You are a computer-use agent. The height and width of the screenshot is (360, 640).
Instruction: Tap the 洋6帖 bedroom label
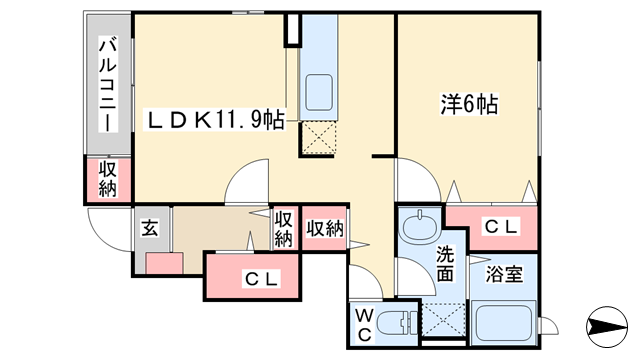point(469,104)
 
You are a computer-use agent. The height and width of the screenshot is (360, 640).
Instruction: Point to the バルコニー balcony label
point(108,84)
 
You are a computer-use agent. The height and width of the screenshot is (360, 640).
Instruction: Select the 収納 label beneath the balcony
point(108,179)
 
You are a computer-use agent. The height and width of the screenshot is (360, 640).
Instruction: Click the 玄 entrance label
point(149,229)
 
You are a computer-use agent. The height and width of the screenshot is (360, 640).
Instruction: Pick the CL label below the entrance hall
point(262,279)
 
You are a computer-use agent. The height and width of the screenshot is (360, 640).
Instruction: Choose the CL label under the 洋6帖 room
point(502,227)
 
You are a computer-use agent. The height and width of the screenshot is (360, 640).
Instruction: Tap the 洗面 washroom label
point(445,264)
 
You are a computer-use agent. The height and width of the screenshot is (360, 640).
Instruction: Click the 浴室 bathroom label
point(504,274)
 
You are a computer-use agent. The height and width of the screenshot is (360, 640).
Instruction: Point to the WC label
point(364,325)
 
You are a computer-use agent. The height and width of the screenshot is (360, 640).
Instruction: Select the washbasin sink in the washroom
point(420,224)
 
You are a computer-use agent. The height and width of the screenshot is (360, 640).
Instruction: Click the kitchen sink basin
point(319,92)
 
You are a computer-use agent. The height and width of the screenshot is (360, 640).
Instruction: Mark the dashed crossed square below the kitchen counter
point(318,138)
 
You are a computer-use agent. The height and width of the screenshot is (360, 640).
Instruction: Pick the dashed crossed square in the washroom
point(444,320)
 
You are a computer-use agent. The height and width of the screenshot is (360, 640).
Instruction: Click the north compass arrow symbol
point(607,327)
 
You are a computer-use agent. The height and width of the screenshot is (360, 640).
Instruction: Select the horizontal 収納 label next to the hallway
point(325,229)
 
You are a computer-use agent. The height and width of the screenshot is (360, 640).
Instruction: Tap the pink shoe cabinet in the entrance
point(164,263)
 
